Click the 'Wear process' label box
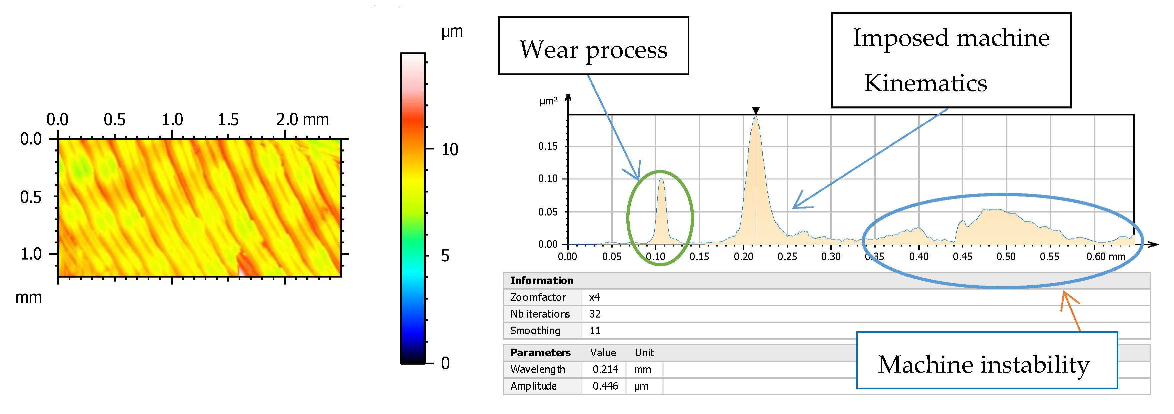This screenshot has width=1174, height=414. click(593, 46)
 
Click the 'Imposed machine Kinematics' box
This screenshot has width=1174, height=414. click(951, 60)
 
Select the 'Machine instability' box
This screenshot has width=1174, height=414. click(987, 361)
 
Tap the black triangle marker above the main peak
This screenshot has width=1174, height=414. click(756, 110)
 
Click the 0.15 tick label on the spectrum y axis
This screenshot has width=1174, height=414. click(547, 146)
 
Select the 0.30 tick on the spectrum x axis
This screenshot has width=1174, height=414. click(830, 257)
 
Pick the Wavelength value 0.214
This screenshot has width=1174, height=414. click(605, 369)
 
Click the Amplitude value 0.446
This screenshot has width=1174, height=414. click(605, 386)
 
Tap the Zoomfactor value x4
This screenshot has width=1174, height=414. click(594, 297)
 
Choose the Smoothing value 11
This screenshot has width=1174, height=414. click(595, 331)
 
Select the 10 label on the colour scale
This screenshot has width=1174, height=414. click(450, 149)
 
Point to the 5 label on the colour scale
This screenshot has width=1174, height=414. click(445, 256)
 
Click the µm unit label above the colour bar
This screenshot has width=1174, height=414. click(452, 31)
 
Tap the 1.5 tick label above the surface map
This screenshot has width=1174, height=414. click(228, 120)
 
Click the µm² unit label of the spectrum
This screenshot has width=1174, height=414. click(548, 101)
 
